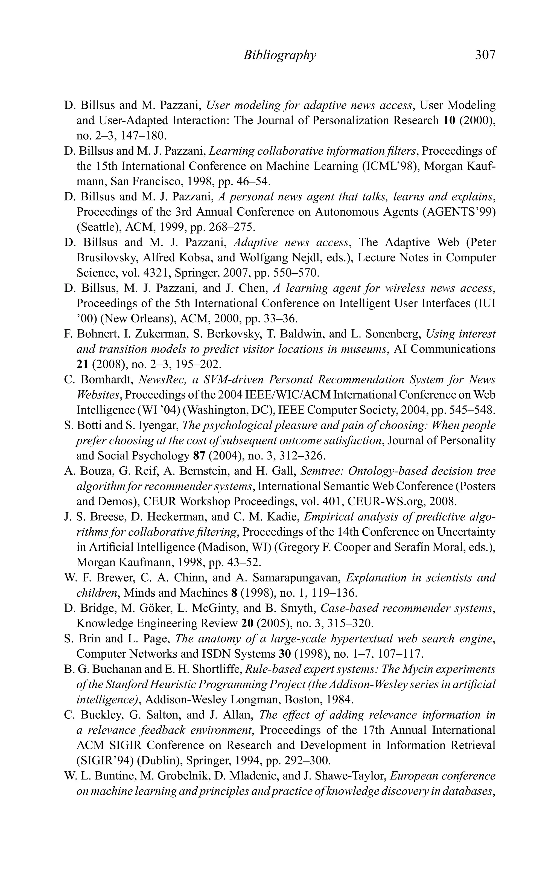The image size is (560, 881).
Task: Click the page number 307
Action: click(485, 55)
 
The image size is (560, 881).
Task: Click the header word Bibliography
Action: click(279, 55)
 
